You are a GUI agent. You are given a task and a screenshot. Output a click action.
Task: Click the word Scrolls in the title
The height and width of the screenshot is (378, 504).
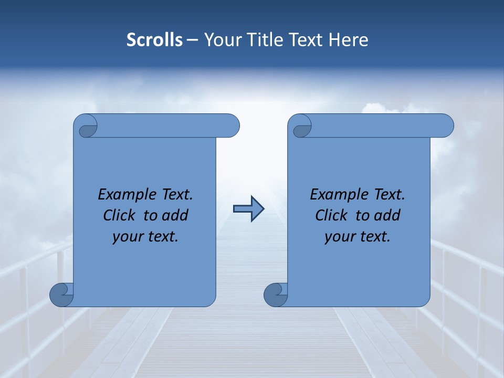(154, 40)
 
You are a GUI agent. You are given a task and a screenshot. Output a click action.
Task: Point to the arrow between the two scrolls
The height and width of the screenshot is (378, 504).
(248, 209)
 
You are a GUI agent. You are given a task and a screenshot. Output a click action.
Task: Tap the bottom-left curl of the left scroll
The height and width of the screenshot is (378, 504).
(61, 295)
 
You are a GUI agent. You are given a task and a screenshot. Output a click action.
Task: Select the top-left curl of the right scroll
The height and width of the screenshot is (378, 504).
(302, 128)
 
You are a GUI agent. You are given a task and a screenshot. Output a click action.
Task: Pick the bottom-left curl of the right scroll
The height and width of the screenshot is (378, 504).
(276, 295)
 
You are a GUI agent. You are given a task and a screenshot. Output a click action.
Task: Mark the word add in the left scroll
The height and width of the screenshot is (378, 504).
(176, 215)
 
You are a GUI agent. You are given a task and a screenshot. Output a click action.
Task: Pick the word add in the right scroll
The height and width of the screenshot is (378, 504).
(388, 215)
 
